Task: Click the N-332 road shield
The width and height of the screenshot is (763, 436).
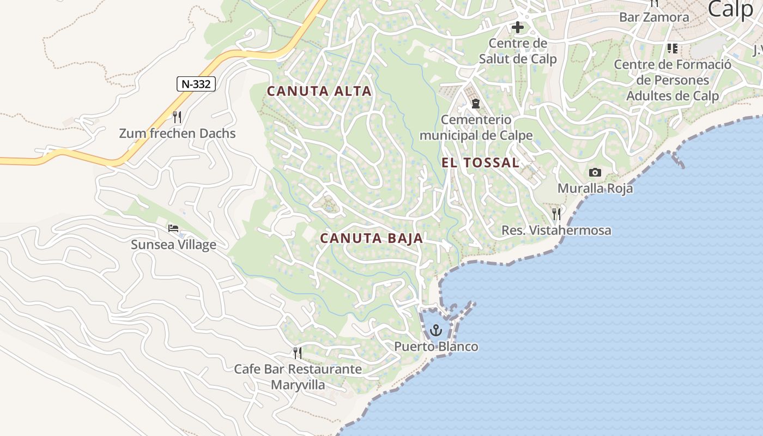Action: pos(196,84)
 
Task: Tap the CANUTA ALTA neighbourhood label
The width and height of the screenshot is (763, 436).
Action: pos(319,92)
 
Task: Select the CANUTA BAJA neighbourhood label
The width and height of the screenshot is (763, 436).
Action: pos(372,238)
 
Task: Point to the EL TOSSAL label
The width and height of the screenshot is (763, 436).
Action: pos(480,162)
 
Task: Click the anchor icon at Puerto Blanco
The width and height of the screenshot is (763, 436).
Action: pos(435,330)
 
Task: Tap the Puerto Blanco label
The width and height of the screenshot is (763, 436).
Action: pos(436,347)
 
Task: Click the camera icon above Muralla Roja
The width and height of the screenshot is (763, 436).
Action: pos(595,173)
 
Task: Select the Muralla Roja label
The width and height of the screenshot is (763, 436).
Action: pos(595,189)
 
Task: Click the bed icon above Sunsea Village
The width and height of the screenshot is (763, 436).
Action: pos(173,228)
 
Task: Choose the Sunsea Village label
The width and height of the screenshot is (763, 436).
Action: pos(173,245)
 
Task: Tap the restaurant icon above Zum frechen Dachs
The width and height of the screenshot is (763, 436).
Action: pos(177,117)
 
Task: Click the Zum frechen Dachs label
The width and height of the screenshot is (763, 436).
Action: pos(178,134)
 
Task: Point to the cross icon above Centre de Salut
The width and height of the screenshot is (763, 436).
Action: pos(517,27)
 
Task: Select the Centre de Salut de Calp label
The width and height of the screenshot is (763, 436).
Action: pos(518,51)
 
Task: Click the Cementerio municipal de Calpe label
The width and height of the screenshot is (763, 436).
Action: pos(476,128)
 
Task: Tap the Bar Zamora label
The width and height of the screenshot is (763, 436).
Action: pos(654,17)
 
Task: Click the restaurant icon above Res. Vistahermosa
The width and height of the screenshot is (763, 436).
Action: pos(556,214)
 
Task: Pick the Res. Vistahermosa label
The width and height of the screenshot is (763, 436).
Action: pos(556,231)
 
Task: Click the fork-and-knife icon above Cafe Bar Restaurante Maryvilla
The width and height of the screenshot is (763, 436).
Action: pos(298,353)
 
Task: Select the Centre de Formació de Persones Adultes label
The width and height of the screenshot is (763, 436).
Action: pos(673,80)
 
